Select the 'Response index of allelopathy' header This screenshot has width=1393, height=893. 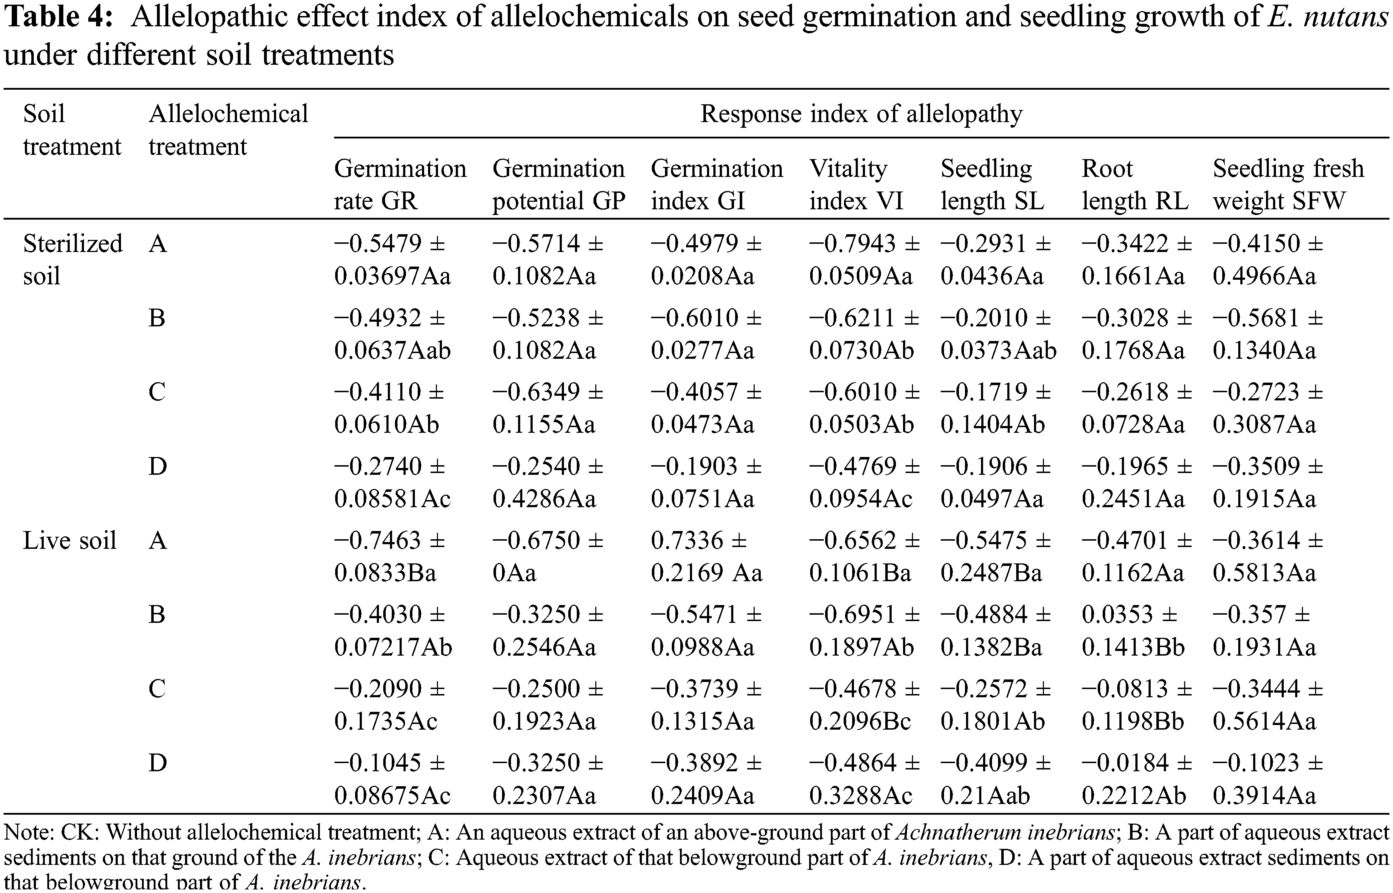click(x=861, y=114)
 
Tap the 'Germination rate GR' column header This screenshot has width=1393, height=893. click(x=400, y=184)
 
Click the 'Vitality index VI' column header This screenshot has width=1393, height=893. click(x=856, y=184)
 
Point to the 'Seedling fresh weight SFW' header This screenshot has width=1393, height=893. click(x=1288, y=184)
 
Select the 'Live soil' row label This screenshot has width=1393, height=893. click(x=70, y=540)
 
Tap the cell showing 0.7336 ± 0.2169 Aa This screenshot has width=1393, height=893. click(x=706, y=557)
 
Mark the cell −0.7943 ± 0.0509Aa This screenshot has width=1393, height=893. click(x=864, y=259)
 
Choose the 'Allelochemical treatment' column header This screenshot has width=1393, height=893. click(x=228, y=130)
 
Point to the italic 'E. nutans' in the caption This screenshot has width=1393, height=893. click(x=1328, y=17)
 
